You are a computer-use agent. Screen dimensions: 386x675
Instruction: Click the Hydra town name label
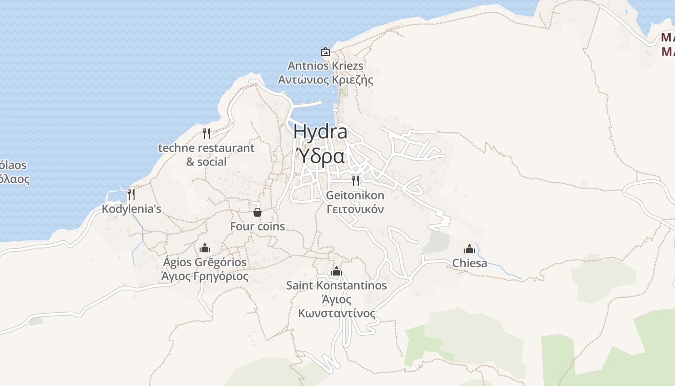pyautogui.click(x=320, y=131)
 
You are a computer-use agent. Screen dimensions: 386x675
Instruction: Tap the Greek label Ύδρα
pyautogui.click(x=320, y=156)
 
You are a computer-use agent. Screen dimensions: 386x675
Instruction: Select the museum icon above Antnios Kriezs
pyautogui.click(x=325, y=52)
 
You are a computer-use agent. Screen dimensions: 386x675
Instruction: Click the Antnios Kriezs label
pyautogui.click(x=325, y=66)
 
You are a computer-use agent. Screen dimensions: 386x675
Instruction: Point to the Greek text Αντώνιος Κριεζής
pyautogui.click(x=325, y=80)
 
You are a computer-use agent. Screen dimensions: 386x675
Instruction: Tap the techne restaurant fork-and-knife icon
pyautogui.click(x=206, y=134)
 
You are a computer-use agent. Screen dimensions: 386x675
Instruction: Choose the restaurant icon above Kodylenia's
pyautogui.click(x=131, y=194)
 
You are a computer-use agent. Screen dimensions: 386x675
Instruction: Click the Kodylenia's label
pyautogui.click(x=131, y=209)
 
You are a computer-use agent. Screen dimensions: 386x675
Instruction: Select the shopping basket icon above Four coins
pyautogui.click(x=257, y=212)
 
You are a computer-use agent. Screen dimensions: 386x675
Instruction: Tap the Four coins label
pyautogui.click(x=257, y=226)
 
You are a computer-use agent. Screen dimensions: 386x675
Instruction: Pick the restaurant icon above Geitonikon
pyautogui.click(x=355, y=181)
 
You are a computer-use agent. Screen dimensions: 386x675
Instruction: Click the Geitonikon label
pyautogui.click(x=355, y=195)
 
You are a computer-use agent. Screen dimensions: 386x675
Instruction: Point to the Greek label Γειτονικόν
pyautogui.click(x=355, y=209)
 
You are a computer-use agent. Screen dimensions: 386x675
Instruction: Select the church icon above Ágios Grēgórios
pyautogui.click(x=205, y=248)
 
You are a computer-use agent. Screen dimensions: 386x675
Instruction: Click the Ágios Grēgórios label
pyautogui.click(x=205, y=262)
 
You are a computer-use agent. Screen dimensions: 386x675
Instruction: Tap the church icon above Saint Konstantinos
pyautogui.click(x=337, y=271)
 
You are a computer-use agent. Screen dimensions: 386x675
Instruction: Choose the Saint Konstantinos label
pyautogui.click(x=337, y=286)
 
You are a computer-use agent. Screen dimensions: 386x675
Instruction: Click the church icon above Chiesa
pyautogui.click(x=470, y=249)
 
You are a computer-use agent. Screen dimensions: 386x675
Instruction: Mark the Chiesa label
pyautogui.click(x=470, y=263)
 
